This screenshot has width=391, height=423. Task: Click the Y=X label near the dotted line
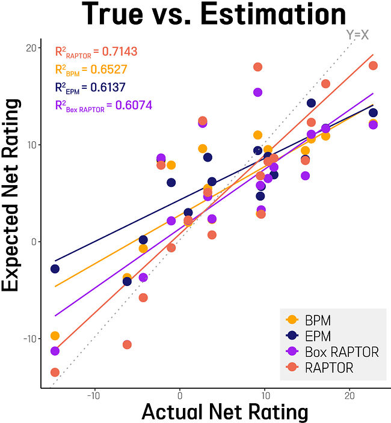coord(357,35)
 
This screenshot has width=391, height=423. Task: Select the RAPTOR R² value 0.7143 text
coord(96,51)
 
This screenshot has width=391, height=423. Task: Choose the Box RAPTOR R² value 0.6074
coord(103,106)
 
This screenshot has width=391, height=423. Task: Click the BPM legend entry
coord(318,320)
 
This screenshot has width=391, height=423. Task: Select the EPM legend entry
coord(318,335)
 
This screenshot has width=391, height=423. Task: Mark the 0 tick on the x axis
coord(179,396)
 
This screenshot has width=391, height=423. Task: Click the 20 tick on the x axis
coord(350,396)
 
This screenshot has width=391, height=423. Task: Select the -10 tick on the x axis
coord(93,396)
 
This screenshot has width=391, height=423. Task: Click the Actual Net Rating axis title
coord(224,412)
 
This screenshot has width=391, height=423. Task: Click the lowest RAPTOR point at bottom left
coord(55,373)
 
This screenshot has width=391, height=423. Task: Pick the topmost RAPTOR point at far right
coord(373,65)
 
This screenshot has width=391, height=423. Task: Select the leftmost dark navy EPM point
coord(55,269)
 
